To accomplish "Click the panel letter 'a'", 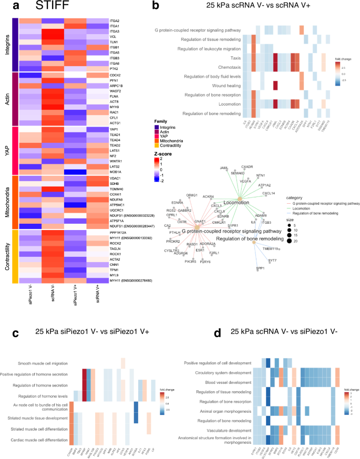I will tap(15, 7).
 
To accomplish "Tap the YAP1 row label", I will tap(114, 129).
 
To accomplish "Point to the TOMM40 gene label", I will tap(117, 189).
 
